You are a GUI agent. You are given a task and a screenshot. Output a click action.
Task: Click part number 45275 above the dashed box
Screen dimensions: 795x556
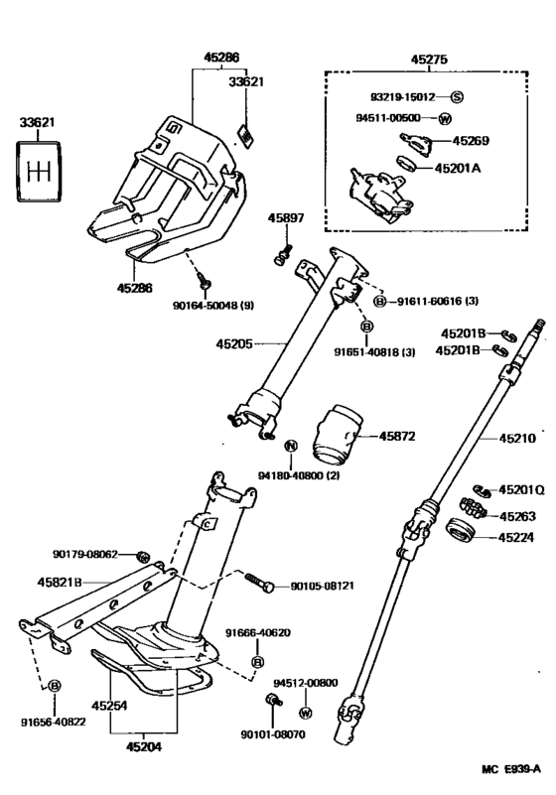point(430,60)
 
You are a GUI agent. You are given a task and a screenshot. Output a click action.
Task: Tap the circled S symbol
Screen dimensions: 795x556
point(457,96)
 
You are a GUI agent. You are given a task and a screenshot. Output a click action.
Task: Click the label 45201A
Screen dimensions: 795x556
point(484,169)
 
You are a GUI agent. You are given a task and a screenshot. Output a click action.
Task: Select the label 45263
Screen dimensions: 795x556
point(516,516)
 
